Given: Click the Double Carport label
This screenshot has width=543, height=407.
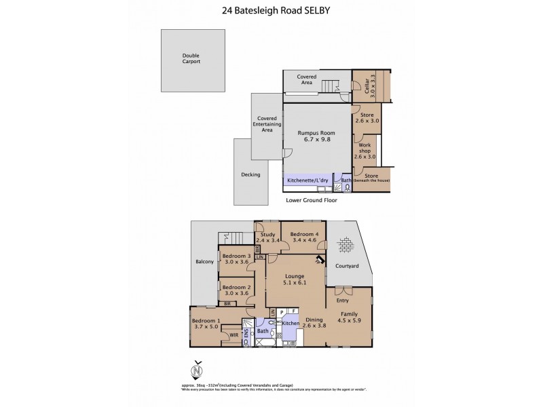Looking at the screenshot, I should (x=191, y=58).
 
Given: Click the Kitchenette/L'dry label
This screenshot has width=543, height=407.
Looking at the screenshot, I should (x=309, y=180).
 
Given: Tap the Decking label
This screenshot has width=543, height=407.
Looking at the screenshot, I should (x=250, y=174).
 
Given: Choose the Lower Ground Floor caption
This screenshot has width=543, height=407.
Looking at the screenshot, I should (x=312, y=200).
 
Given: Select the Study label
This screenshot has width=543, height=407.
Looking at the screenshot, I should (x=266, y=235).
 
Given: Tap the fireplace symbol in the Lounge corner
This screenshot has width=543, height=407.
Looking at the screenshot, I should (x=318, y=260).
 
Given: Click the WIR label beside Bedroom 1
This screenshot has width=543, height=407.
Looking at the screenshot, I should (x=233, y=334).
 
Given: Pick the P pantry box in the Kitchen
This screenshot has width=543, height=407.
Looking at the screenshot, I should (x=282, y=312).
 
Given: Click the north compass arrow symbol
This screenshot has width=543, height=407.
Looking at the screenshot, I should (x=198, y=370).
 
